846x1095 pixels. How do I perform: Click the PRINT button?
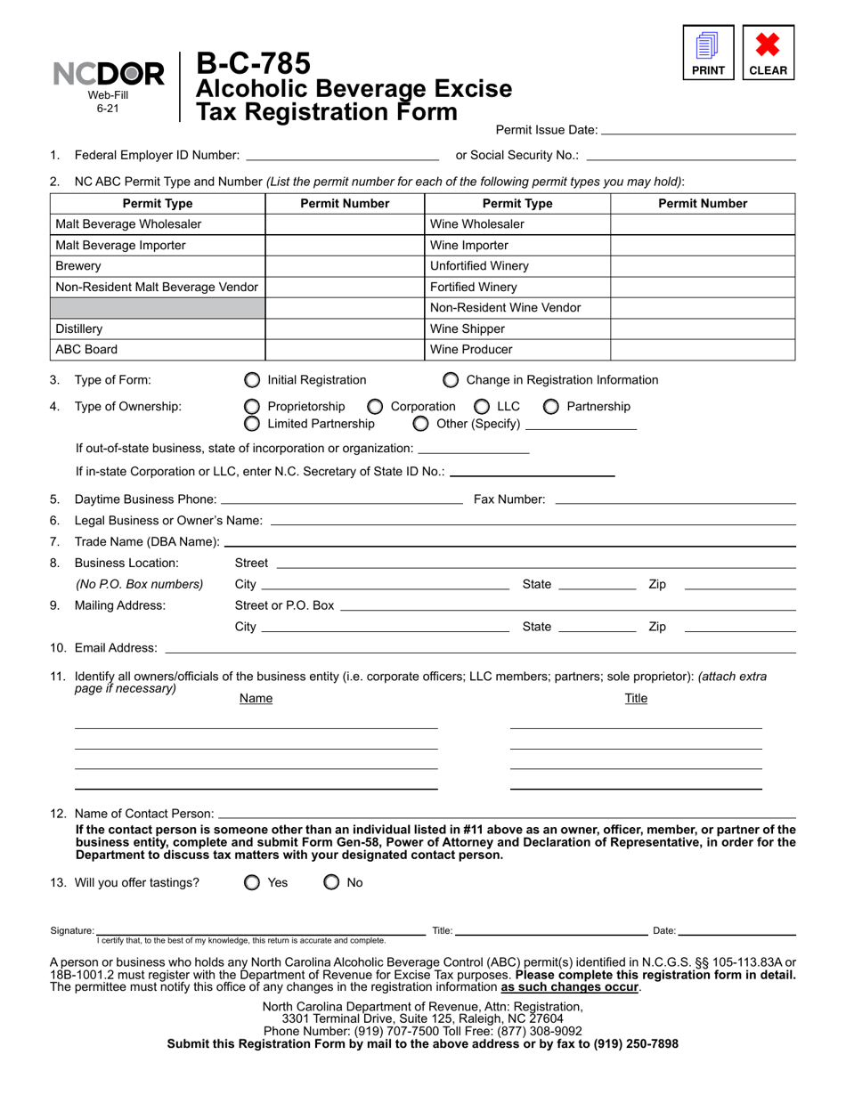point(708,53)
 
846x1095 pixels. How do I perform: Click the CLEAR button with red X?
point(768,53)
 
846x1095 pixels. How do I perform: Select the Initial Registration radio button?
point(253,380)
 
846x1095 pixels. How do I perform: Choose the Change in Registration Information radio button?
point(451,380)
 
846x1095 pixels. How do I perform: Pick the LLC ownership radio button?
point(482,407)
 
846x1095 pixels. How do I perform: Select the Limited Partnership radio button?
point(253,423)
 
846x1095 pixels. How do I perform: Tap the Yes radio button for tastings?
point(253,883)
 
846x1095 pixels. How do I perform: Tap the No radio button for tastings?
point(331,883)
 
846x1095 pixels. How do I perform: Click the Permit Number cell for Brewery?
point(346,266)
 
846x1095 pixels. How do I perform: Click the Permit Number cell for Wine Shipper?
point(702,328)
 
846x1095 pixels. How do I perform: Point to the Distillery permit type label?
point(79,328)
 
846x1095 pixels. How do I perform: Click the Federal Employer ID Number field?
point(342,155)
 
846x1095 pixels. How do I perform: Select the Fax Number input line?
point(674,499)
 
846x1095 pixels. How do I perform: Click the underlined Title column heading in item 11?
point(636,699)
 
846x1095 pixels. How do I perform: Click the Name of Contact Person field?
point(506,813)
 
